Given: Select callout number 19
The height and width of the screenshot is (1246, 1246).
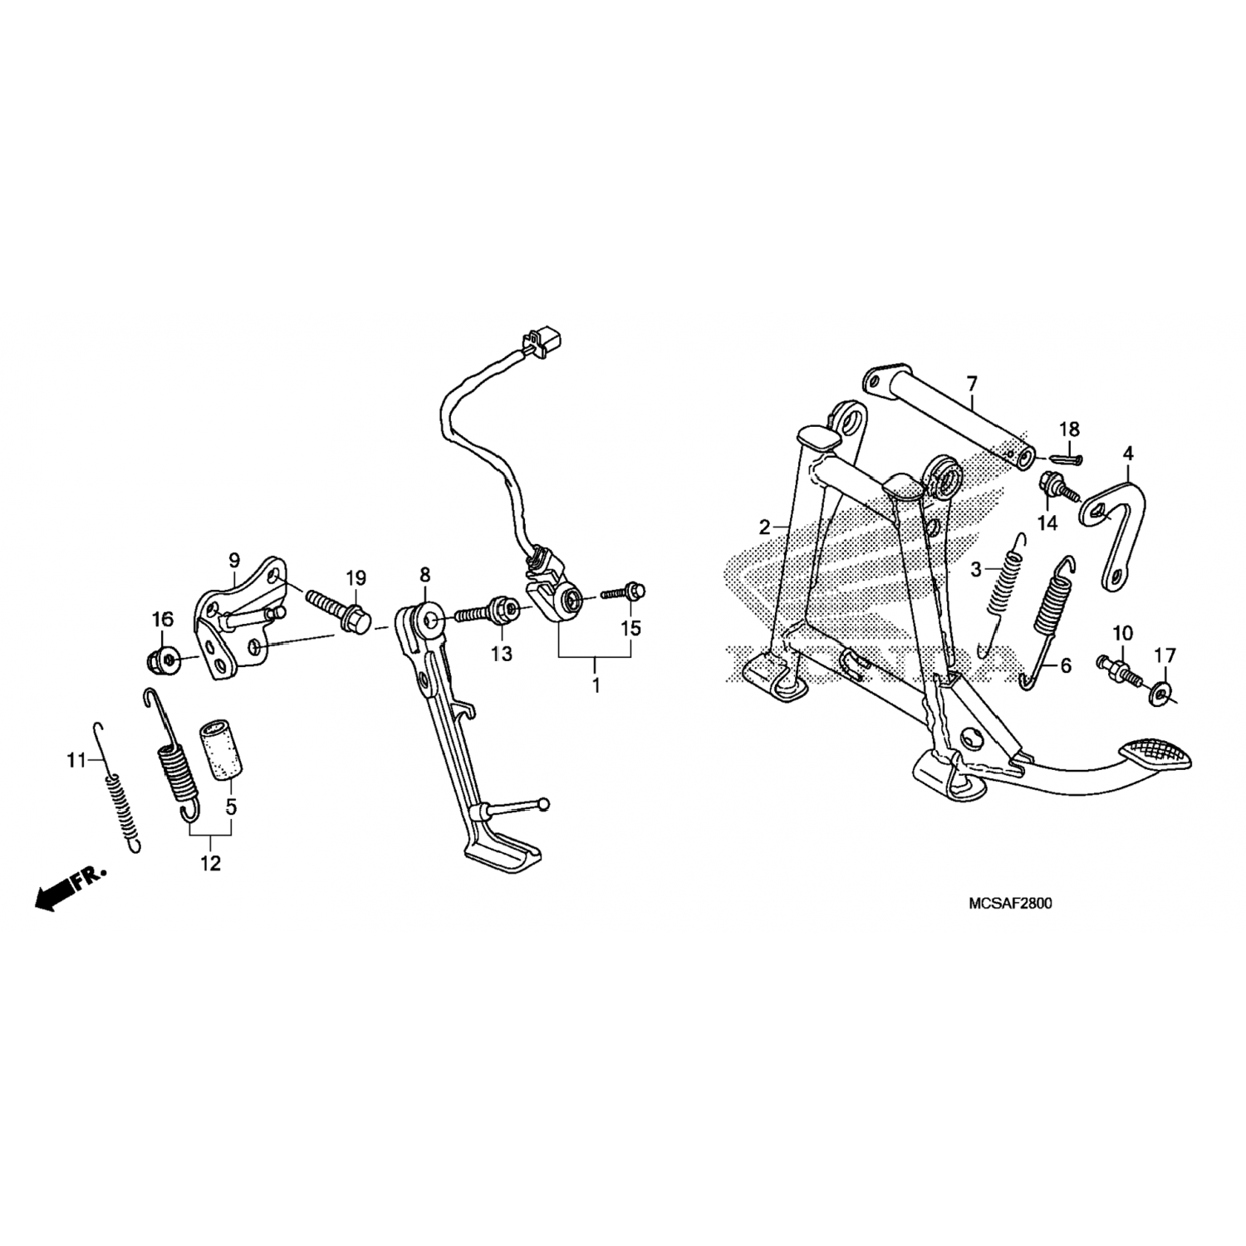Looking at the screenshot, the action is [356, 577].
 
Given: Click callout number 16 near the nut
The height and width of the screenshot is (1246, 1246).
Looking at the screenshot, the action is [162, 618].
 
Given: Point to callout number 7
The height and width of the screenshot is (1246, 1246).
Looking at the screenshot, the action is [972, 384].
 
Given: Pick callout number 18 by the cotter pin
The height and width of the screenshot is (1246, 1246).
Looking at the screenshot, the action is [1069, 429].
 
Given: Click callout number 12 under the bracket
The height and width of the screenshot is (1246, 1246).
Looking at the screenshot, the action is [210, 863].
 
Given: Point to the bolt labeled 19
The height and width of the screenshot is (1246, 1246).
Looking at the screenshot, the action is [336, 611].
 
